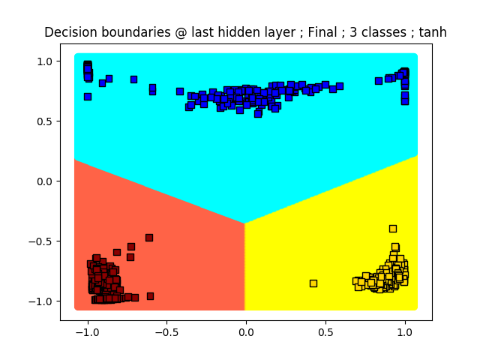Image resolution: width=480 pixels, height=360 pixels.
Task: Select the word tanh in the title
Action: pyautogui.click(x=431, y=32)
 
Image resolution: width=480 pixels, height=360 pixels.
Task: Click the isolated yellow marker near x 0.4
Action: pyautogui.click(x=313, y=283)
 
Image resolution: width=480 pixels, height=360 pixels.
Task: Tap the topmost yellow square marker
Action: pyautogui.click(x=393, y=229)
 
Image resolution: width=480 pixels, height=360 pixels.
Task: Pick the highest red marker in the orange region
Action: pyautogui.click(x=149, y=238)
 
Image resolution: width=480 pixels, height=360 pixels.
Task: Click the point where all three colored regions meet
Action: pyautogui.click(x=244, y=223)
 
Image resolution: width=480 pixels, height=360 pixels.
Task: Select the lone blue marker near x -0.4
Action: pyautogui.click(x=180, y=91)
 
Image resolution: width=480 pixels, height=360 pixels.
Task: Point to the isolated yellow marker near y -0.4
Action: pyautogui.click(x=393, y=229)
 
